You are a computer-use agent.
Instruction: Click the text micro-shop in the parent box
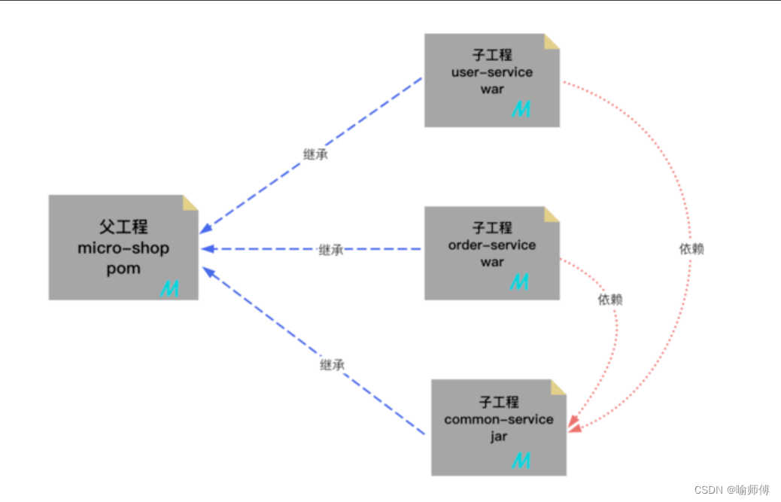click(123, 248)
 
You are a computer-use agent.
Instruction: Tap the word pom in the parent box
click(123, 269)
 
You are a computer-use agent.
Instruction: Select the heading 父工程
click(123, 227)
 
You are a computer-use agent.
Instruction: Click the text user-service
click(492, 72)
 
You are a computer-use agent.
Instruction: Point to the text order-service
click(492, 245)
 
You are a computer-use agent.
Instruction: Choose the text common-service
click(499, 419)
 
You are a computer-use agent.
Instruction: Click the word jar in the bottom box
click(499, 437)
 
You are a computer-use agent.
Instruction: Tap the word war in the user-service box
click(492, 89)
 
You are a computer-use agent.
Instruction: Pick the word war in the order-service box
click(492, 262)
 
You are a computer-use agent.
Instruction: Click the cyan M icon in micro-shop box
click(170, 288)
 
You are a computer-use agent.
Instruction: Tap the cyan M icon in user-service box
click(521, 109)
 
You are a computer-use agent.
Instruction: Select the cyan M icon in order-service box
click(520, 282)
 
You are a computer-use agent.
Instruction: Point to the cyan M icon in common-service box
click(521, 460)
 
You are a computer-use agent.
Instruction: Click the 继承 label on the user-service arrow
click(315, 156)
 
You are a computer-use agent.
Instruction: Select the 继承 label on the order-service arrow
click(331, 250)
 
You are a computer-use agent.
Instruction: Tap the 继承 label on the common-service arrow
click(332, 365)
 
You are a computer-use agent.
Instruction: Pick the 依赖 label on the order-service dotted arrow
click(610, 300)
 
